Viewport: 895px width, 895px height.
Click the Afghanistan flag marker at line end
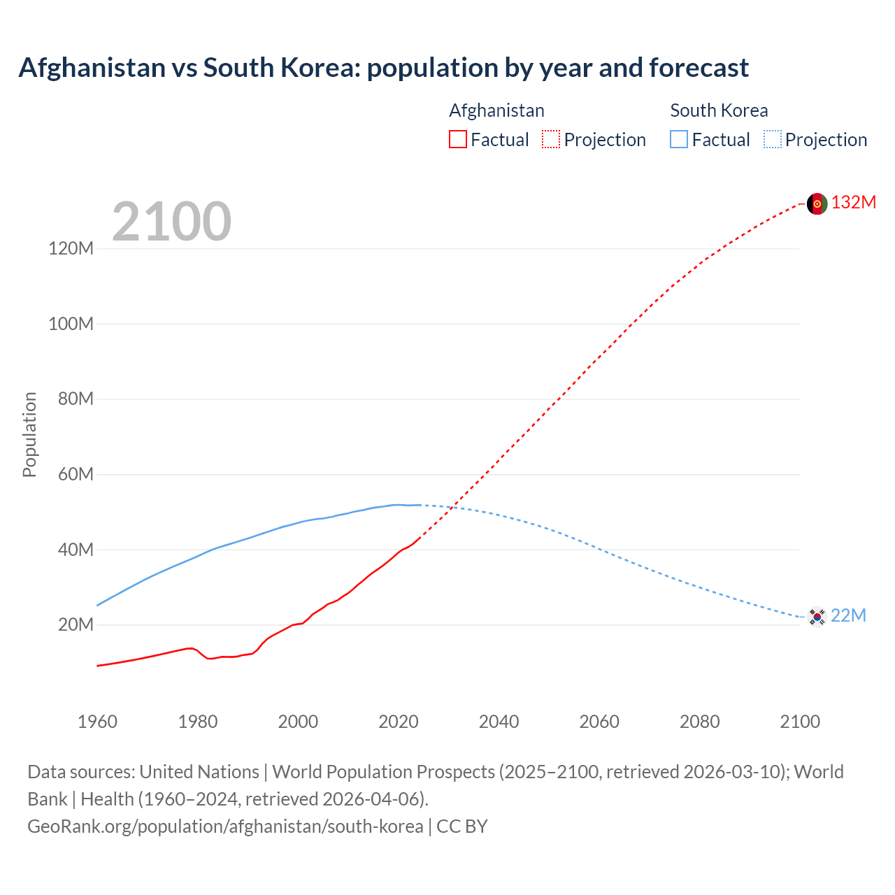point(817,203)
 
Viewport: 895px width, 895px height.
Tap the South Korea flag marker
point(817,617)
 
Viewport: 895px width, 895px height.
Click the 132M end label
point(854,202)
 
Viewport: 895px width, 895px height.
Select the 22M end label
point(848,615)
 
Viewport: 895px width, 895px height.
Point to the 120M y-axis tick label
point(71,248)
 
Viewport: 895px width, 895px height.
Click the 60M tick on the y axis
point(75,474)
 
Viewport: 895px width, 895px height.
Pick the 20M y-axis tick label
point(75,624)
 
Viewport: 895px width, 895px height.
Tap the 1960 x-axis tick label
point(97,722)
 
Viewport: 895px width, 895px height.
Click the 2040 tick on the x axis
point(499,722)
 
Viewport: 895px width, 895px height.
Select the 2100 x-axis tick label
point(800,722)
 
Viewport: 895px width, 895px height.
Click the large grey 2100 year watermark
point(171,222)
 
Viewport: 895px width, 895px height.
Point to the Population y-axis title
point(29,434)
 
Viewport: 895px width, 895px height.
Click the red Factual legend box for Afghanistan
point(457,139)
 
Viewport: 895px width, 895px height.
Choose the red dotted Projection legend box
point(551,139)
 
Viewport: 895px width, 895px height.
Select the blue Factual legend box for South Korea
point(678,139)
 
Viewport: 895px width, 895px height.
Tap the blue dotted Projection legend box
point(772,139)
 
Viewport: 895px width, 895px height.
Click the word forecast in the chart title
point(699,68)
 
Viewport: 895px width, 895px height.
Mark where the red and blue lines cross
point(453,506)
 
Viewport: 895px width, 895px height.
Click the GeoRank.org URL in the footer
point(225,826)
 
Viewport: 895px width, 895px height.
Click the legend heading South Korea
point(719,110)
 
